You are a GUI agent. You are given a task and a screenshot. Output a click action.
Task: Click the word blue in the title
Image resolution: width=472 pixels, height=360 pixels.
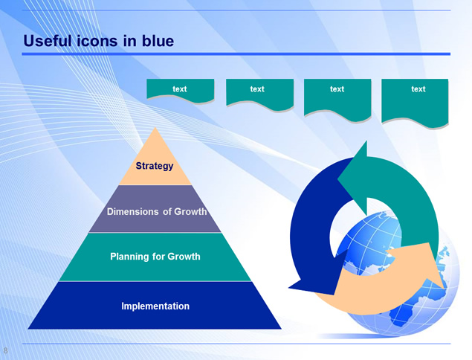[x=158, y=41]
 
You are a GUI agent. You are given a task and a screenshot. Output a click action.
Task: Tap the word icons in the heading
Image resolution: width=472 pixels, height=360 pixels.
[x=98, y=41]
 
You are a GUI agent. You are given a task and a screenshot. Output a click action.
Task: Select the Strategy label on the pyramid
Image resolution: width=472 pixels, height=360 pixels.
[x=155, y=166]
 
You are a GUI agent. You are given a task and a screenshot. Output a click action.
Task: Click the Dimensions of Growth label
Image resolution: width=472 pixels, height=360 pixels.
[x=157, y=211]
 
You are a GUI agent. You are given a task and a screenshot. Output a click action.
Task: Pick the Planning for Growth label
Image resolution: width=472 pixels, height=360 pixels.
[x=155, y=257]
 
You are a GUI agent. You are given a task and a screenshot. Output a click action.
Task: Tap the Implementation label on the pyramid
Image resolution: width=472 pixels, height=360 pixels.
[x=155, y=306]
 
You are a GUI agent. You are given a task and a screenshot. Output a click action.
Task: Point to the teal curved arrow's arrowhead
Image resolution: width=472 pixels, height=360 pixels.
[x=355, y=178]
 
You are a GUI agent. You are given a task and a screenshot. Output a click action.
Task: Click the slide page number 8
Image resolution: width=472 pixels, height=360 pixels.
[x=5, y=350]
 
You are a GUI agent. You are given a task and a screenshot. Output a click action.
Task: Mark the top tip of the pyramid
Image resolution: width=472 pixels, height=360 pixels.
[x=155, y=127]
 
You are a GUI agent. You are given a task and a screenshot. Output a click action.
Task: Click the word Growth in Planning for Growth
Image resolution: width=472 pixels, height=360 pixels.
[x=184, y=257]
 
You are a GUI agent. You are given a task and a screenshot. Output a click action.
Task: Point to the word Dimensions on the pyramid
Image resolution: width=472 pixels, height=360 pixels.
[x=133, y=211]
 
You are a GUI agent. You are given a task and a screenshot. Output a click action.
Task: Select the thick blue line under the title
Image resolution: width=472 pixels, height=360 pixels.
[x=236, y=54]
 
